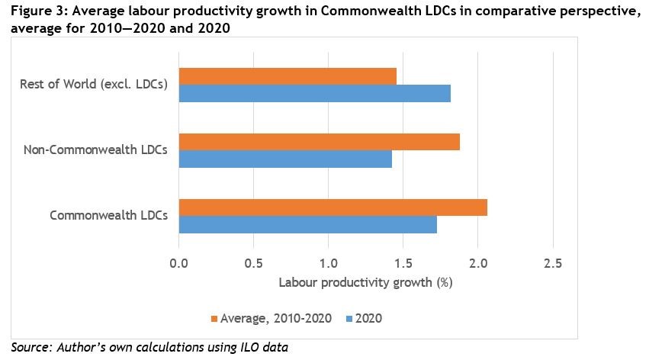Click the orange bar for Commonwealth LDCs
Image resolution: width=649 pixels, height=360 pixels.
pos(333,207)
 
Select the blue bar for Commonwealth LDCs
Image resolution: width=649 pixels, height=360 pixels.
pos(307,224)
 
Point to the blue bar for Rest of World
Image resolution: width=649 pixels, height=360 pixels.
pos(314,93)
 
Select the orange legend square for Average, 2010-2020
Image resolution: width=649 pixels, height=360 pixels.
pos(214,318)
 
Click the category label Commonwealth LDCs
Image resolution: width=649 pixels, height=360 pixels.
pos(109,215)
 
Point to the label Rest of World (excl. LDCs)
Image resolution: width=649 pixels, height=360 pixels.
pos(93,84)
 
